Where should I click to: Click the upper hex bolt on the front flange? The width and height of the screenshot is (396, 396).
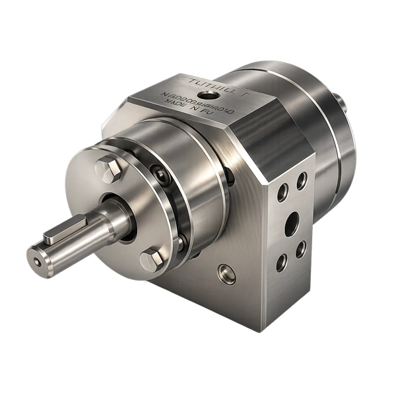pos(108,171)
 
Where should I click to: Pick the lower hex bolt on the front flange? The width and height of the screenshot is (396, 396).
pos(152,259)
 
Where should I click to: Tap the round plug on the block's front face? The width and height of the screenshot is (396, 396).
pos(227,271)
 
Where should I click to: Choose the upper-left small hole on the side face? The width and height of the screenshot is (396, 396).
pos(282,192)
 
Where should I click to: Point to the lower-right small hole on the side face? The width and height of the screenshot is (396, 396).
pos(300,249)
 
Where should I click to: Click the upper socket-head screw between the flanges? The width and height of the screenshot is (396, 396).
pos(162,174)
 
